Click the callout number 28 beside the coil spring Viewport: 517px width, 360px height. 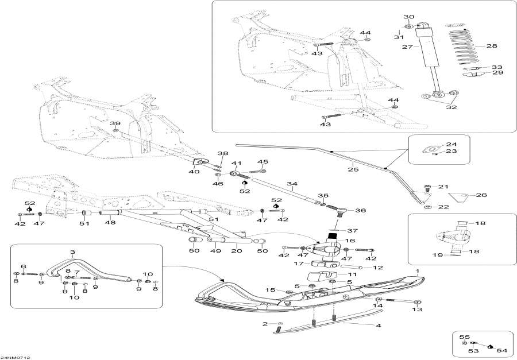[x=492, y=45]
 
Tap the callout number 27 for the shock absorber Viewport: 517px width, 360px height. [x=407, y=47]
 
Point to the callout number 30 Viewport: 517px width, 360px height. [x=408, y=17]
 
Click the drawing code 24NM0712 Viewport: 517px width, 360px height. [x=16, y=357]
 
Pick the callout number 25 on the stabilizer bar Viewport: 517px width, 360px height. [x=350, y=169]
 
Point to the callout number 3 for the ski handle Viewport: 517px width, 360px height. [x=72, y=252]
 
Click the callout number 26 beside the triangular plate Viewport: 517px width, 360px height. [x=481, y=195]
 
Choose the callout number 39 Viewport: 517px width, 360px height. [x=115, y=124]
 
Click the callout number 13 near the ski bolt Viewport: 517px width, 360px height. [x=417, y=309]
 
